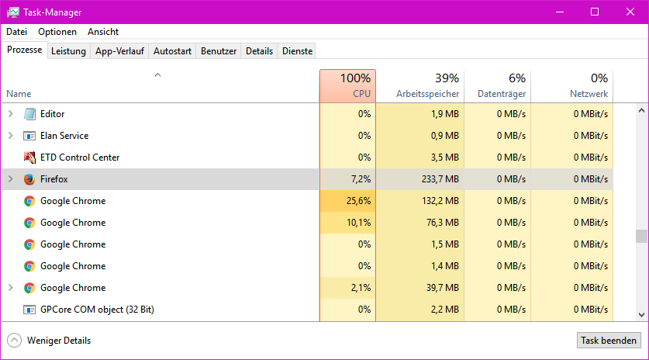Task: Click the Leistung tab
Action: pos(68,51)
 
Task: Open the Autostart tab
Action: pos(172,51)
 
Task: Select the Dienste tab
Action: pos(297,51)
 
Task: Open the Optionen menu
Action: pos(57,32)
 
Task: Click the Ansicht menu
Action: pos(103,32)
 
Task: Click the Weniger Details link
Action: pos(58,341)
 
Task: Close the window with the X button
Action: pos(630,12)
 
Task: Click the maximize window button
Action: pos(595,12)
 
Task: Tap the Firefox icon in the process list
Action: pos(29,179)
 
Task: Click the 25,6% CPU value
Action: pos(358,201)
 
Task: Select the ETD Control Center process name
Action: pos(80,157)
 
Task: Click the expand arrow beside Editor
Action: pos(10,114)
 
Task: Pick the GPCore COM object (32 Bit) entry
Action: pos(97,310)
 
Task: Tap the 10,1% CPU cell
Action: pos(358,223)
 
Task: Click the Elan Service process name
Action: pos(64,136)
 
